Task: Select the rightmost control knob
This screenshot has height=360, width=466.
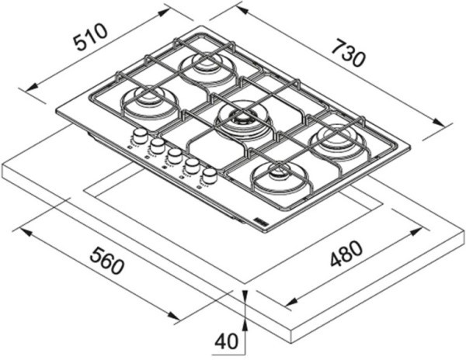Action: point(208,175)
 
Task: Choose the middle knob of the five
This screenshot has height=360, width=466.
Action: point(175,155)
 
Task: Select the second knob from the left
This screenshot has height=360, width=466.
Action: point(158,145)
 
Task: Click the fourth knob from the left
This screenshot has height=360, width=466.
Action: point(191,165)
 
